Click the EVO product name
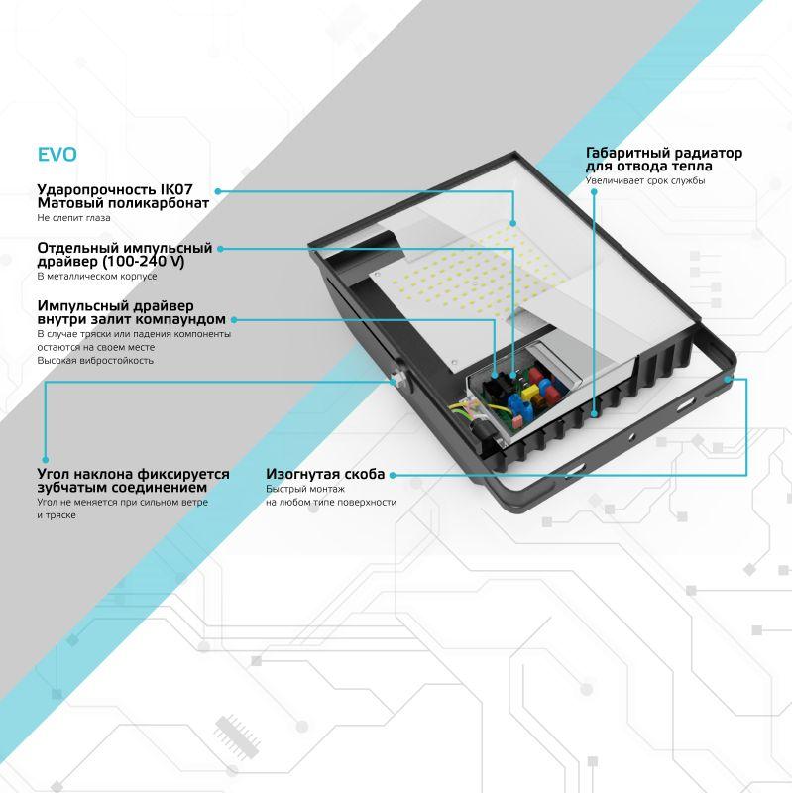(57, 155)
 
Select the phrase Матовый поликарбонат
(122, 203)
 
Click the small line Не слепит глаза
(73, 217)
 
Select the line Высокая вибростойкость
(95, 361)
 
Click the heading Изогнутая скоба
(324, 475)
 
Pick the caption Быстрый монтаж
(304, 490)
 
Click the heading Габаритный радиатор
(663, 154)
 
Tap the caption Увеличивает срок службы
(644, 181)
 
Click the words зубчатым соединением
(122, 488)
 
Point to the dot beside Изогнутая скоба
(394, 475)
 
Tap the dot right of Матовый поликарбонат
(217, 189)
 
